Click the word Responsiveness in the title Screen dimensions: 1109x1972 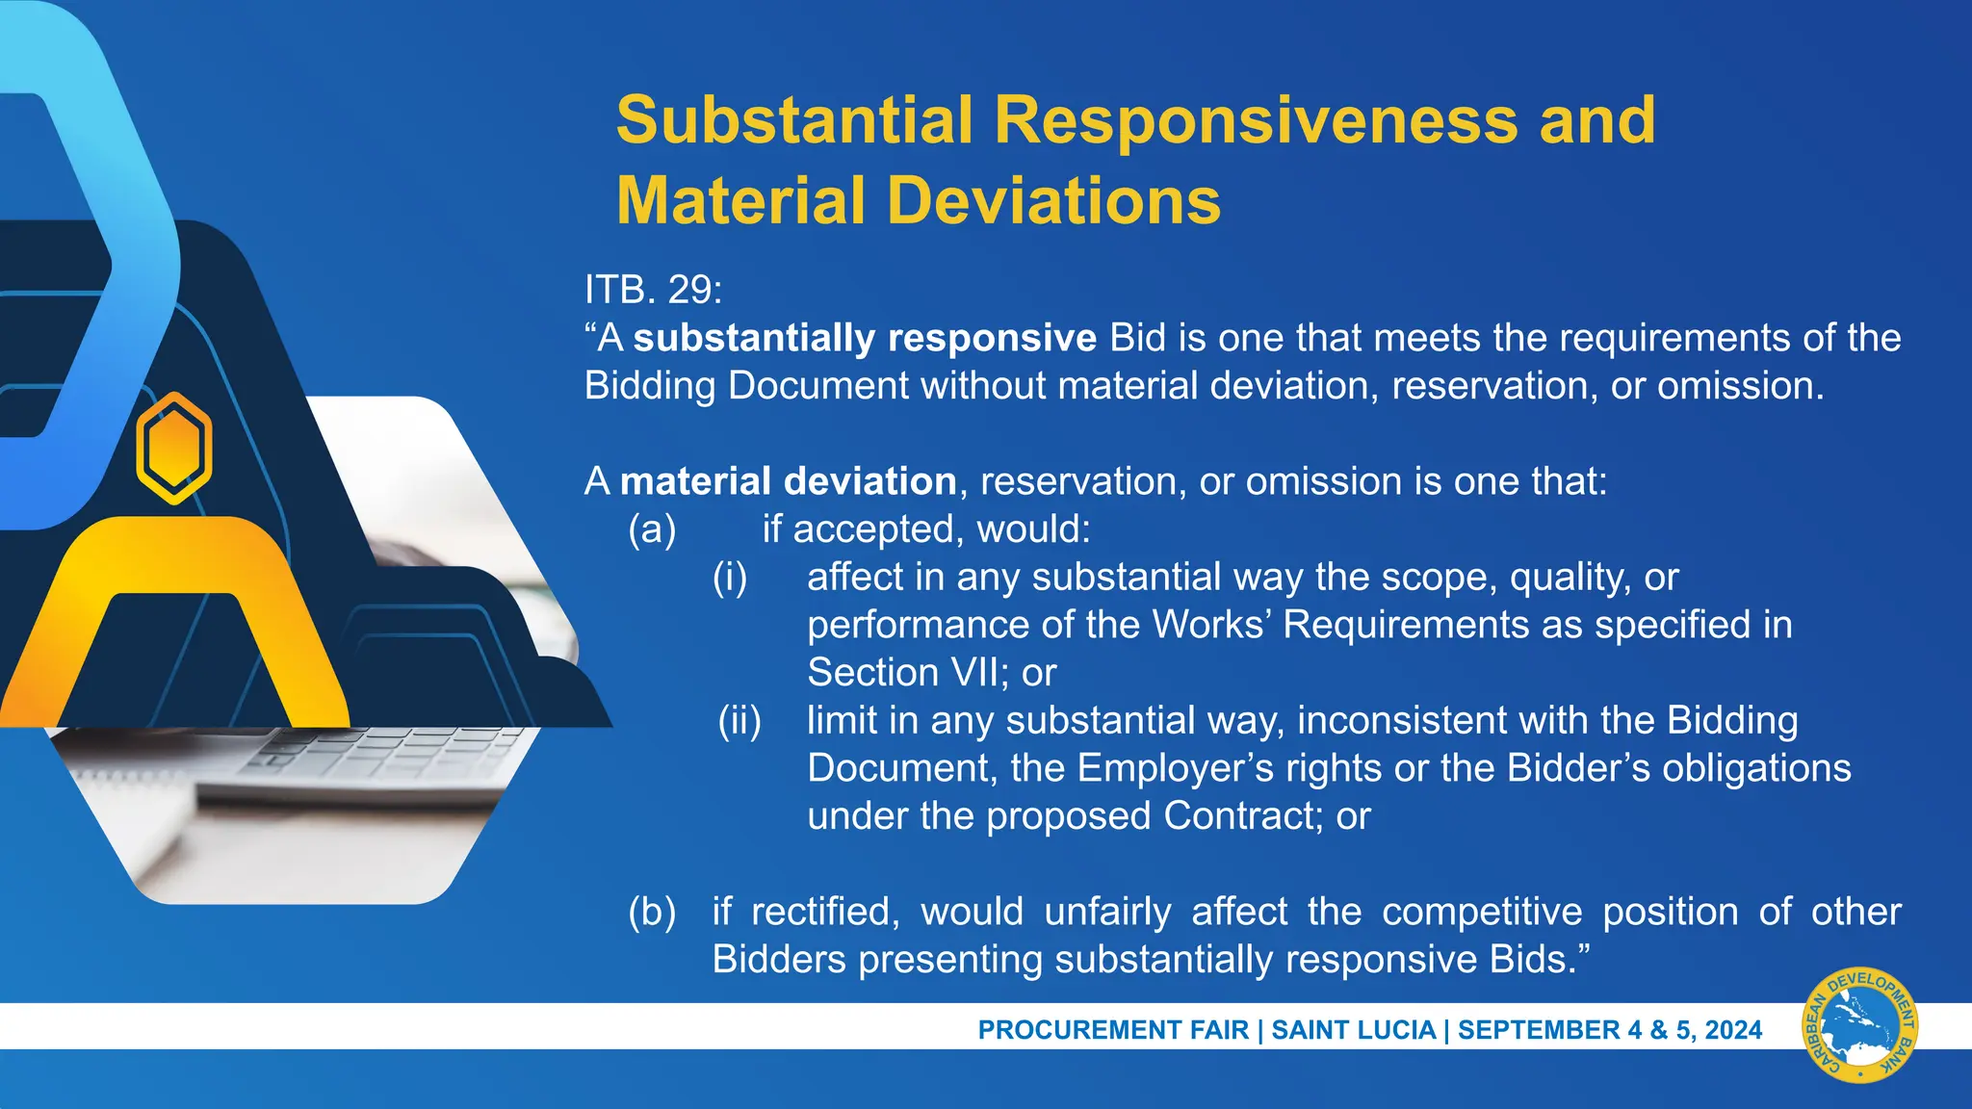click(x=1257, y=120)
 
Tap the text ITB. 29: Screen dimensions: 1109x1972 click(x=653, y=290)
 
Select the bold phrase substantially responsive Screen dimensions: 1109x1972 click(x=865, y=338)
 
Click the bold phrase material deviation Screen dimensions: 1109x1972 click(x=788, y=481)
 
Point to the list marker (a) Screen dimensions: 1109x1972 click(x=652, y=529)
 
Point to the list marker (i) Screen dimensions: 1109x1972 click(x=730, y=578)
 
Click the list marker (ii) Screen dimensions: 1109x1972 click(x=739, y=721)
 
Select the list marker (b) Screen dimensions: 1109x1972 click(x=652, y=912)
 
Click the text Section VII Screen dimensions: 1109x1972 click(x=900, y=673)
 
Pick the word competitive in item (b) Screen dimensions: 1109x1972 click(x=1482, y=912)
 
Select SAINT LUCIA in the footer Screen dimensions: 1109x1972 click(x=1353, y=1030)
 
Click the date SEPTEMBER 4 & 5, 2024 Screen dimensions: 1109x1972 click(x=1609, y=1030)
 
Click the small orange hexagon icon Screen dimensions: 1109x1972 click(x=173, y=448)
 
